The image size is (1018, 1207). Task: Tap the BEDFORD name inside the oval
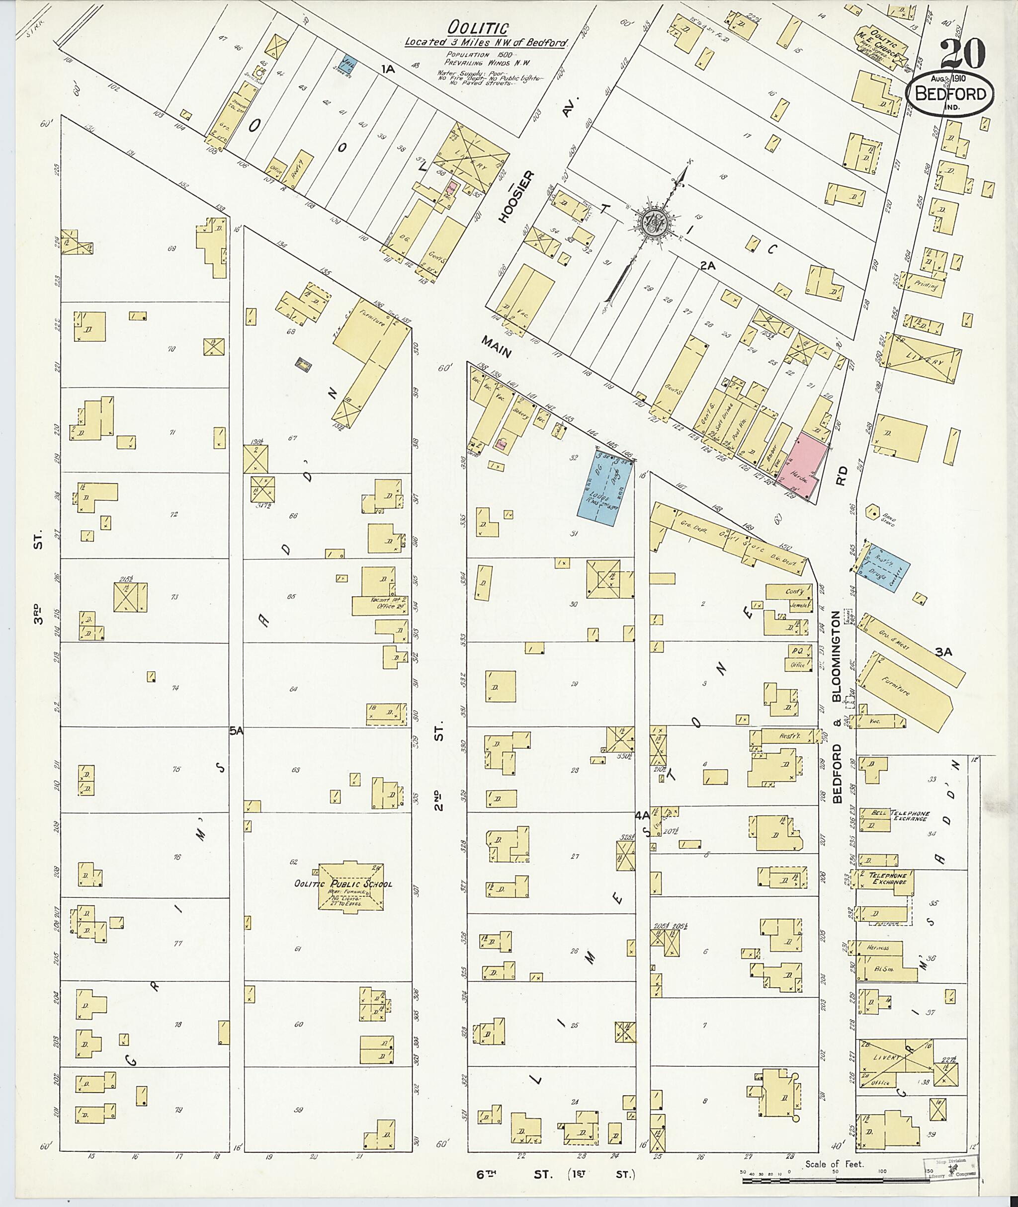(949, 94)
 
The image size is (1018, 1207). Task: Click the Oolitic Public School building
(351, 885)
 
